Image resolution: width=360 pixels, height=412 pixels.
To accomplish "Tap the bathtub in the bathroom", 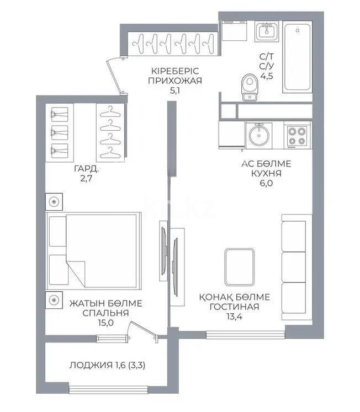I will click(297, 58).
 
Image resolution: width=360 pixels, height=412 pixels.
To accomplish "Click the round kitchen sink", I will click(257, 134).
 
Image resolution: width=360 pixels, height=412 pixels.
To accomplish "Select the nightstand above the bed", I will click(54, 201).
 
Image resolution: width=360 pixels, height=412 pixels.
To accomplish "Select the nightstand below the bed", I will click(54, 300).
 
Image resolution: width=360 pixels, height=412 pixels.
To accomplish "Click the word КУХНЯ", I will click(266, 174).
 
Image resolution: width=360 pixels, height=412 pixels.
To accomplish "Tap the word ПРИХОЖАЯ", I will click(175, 81).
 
